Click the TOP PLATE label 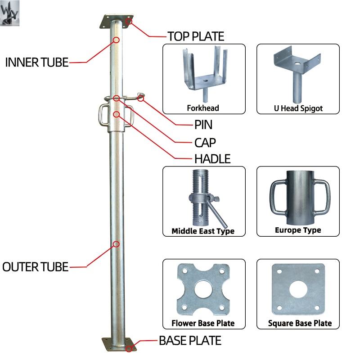pyautogui.click(x=195, y=36)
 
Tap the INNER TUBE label pyautogui.click(x=36, y=62)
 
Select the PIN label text pyautogui.click(x=203, y=125)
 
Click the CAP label pyautogui.click(x=205, y=143)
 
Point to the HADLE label pyautogui.click(x=212, y=159)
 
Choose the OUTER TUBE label pyautogui.click(x=36, y=267)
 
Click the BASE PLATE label pyautogui.click(x=190, y=341)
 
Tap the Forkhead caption pyautogui.click(x=203, y=108)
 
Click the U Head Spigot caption pyautogui.click(x=297, y=108)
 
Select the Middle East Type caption pyautogui.click(x=203, y=231)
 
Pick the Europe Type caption pyautogui.click(x=298, y=230)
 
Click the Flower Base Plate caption pyautogui.click(x=203, y=323)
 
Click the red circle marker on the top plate pyautogui.click(x=129, y=21)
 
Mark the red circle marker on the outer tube pyautogui.click(x=116, y=244)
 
